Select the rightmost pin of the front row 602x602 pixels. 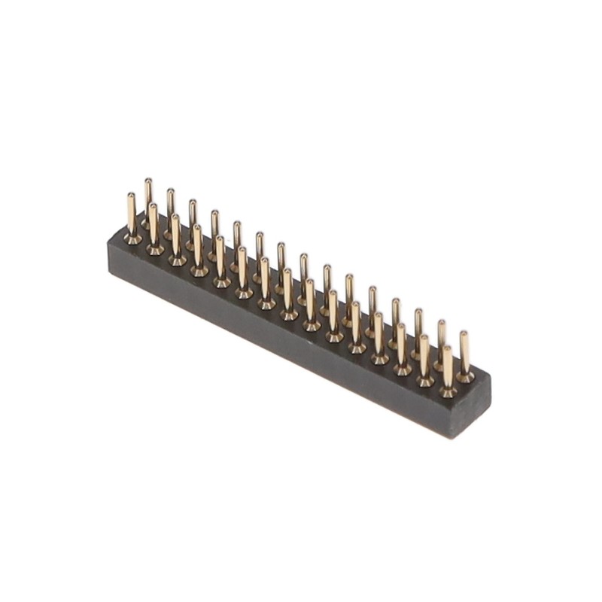pyautogui.click(x=448, y=369)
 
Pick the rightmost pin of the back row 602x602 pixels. pyautogui.click(x=464, y=354)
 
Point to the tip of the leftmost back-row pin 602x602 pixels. pyautogui.click(x=148, y=181)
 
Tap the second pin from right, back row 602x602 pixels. pyautogui.click(x=442, y=342)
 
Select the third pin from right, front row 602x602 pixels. pyautogui.click(x=402, y=346)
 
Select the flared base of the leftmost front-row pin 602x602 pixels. pyautogui.click(x=132, y=239)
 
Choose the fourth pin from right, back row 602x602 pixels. pyautogui.click(x=396, y=319)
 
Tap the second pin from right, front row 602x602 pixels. pyautogui.click(x=424, y=357)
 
